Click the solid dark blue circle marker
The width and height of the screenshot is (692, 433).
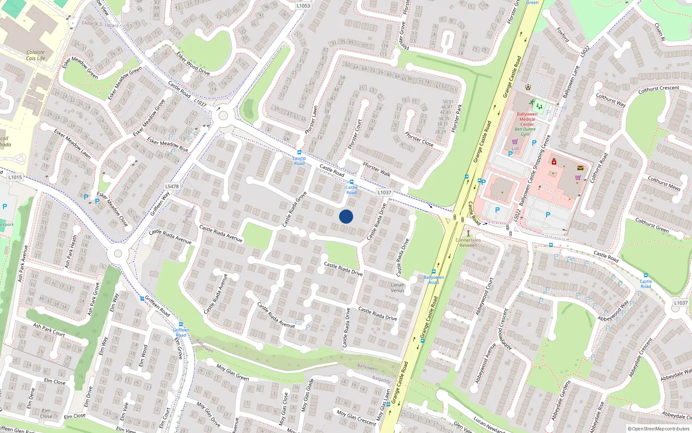click(346, 216)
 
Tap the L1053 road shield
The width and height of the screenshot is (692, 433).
click(303, 6)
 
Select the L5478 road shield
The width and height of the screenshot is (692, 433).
click(172, 187)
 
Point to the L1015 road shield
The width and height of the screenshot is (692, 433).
click(15, 177)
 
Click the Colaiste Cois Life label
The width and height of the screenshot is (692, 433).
click(35, 55)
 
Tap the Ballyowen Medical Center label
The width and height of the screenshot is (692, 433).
click(527, 119)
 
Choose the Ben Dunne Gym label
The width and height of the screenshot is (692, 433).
click(525, 132)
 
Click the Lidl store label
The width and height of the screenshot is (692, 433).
click(515, 148)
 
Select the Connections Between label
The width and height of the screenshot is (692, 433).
click(468, 242)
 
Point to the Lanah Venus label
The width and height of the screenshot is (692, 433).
click(397, 288)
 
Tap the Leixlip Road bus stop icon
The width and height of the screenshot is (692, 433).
click(299, 152)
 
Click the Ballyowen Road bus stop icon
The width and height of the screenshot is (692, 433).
click(433, 272)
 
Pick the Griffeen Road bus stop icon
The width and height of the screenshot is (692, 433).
click(181, 324)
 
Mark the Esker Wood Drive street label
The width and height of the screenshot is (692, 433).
click(193, 63)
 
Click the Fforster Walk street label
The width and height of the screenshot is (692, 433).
click(376, 169)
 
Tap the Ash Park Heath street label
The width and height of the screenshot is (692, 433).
click(70, 251)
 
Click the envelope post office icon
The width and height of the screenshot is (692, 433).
click(580, 168)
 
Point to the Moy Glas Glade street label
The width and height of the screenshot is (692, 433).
click(307, 395)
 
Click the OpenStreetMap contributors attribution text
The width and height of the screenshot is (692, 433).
click(658, 429)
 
